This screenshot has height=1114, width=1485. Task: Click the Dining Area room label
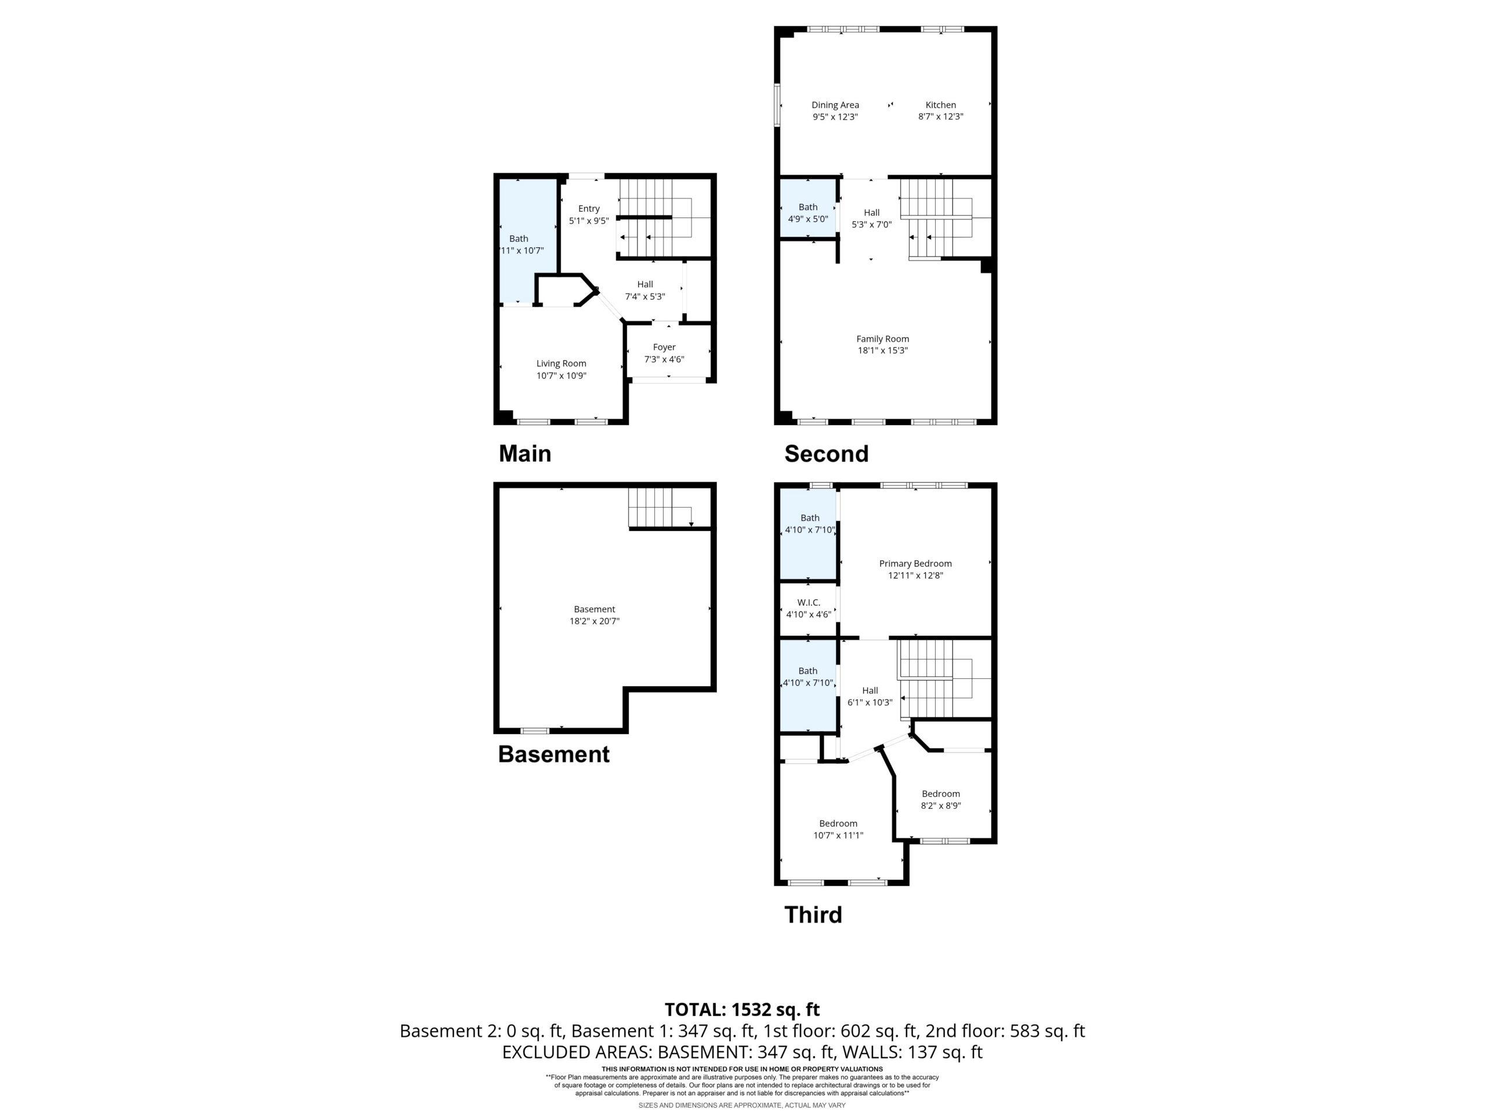point(835,105)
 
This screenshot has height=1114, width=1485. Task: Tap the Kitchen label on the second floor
point(940,105)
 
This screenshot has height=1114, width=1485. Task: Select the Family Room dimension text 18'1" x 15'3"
point(883,350)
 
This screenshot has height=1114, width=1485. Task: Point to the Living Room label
point(562,364)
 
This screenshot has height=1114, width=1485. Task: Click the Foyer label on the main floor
point(664,347)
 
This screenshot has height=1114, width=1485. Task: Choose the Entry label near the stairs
point(589,209)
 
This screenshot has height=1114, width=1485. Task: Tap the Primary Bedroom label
point(916,563)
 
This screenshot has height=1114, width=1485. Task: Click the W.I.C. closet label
point(809,602)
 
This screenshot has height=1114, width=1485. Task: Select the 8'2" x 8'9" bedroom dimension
point(940,806)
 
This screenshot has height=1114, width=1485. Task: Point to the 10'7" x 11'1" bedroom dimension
point(838,835)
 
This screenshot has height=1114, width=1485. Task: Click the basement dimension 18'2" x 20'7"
point(595,621)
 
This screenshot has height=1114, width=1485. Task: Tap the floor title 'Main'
point(525,454)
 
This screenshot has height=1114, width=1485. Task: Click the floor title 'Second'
point(827,454)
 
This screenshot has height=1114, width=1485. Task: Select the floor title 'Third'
point(813,915)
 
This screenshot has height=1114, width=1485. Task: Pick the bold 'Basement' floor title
point(554,755)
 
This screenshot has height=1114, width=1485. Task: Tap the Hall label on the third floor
point(870,690)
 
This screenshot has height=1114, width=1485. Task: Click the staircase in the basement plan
point(661,508)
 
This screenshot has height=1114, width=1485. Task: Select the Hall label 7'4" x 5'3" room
point(645,284)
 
